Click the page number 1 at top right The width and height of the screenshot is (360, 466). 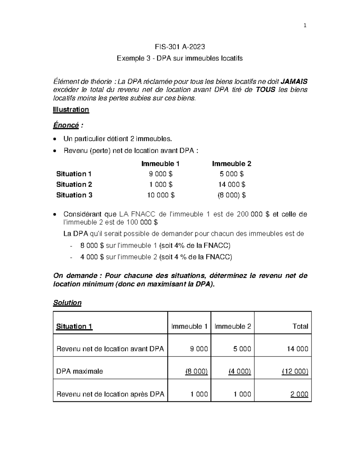pos(305,26)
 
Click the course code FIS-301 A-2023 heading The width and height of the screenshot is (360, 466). pos(180,47)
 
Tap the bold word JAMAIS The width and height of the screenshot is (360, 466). pos(294,81)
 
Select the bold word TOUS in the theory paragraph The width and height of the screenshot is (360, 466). pos(265,89)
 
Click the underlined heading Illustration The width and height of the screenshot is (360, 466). pos(71,110)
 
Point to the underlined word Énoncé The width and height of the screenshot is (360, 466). pos(66,125)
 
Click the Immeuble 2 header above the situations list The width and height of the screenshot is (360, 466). pos(232,164)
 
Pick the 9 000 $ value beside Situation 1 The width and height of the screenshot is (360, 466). pos(161,174)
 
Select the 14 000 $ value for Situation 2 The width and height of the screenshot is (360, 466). pos(232,185)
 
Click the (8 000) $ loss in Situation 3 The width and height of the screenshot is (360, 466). pos(232,195)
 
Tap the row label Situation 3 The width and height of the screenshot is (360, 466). pos(74,195)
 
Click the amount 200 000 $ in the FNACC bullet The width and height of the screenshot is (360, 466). pos(253,214)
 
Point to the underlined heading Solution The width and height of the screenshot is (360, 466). pos(67,302)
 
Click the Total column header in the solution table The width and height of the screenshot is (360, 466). pos(300,326)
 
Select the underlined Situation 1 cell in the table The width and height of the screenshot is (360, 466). pos(74,326)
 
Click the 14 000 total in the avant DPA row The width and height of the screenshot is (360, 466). pos(297,349)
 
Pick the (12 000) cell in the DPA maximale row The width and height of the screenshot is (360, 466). pos(295,371)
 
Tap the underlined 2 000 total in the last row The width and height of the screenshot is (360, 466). pos(299,394)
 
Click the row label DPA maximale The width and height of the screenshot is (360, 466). pos(79,371)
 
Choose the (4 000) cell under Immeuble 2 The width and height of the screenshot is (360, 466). pos(239,371)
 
